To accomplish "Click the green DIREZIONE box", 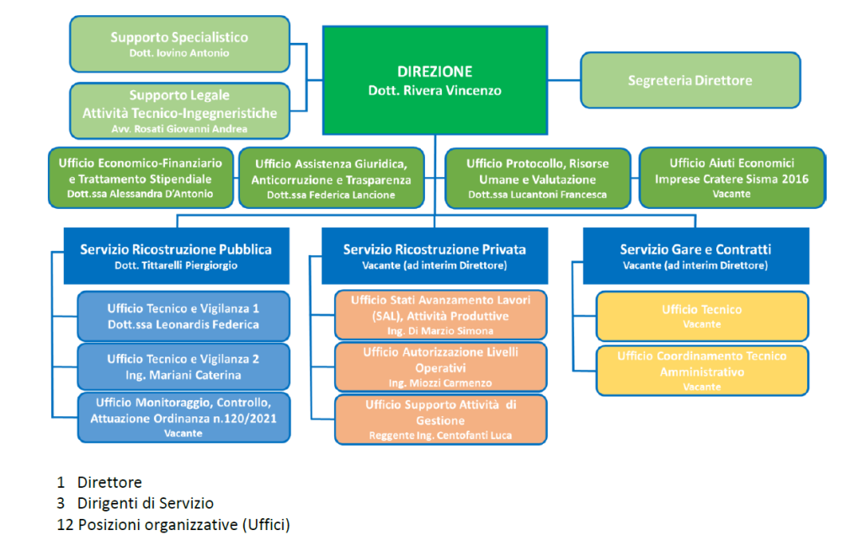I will tap(434, 80).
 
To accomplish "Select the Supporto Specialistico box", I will tap(179, 44).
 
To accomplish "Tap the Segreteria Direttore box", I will tap(690, 81).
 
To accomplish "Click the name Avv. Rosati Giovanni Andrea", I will tap(179, 129).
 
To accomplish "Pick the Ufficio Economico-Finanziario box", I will tap(141, 178).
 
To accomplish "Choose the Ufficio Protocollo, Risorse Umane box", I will tap(537, 178).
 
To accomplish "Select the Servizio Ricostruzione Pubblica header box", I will tap(176, 255).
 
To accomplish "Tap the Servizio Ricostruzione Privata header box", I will tap(434, 255).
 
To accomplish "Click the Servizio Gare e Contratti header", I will tap(695, 255).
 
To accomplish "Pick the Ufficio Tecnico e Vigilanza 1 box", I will tap(184, 316).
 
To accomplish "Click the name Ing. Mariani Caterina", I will tap(184, 375).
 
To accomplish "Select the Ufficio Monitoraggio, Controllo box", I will tap(184, 417).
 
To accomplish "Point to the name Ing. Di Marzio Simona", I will tap(441, 331).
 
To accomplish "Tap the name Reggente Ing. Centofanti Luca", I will tap(441, 436).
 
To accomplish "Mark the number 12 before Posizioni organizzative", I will tap(64, 525).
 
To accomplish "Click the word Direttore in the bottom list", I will tap(109, 483).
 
